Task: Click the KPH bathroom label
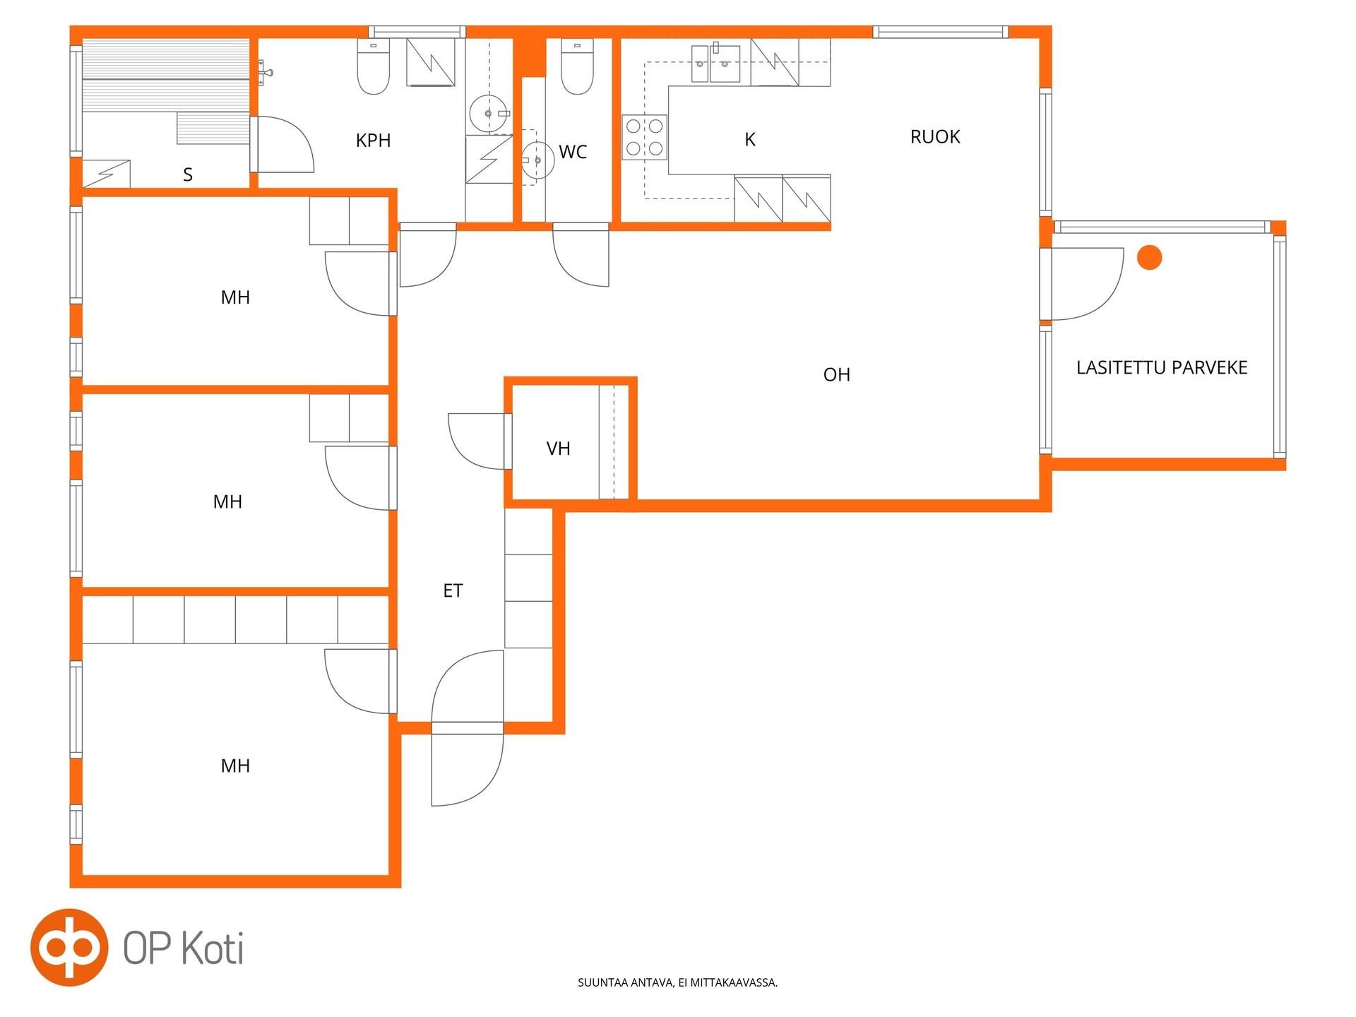tap(373, 141)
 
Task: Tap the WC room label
tap(573, 152)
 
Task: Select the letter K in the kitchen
tap(750, 140)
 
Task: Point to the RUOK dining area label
tap(935, 137)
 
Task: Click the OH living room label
tap(837, 375)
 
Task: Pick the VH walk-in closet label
tap(558, 448)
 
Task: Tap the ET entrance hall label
tap(453, 590)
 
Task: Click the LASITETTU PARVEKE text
tap(1162, 367)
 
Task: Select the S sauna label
tap(188, 174)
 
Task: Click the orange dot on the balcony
tap(1150, 257)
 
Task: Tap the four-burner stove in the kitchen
tap(644, 137)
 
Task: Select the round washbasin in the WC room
tap(537, 161)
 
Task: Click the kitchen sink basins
tap(715, 63)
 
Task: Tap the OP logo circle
tap(69, 947)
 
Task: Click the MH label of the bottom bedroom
tap(235, 766)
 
